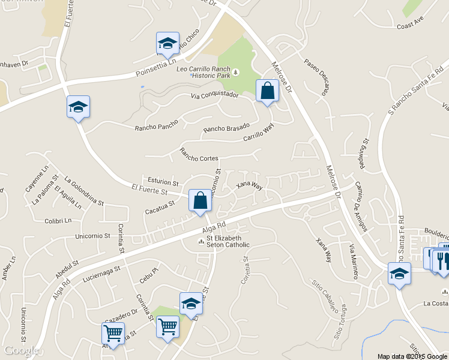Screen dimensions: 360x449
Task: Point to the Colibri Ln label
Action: pyautogui.click(x=58, y=220)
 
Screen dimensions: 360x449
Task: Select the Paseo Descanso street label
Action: pyautogui.click(x=317, y=77)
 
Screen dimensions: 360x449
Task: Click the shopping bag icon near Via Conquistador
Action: pyautogui.click(x=267, y=91)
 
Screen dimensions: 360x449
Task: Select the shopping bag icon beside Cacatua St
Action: pyautogui.click(x=200, y=201)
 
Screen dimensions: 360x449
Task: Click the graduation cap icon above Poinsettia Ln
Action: pyautogui.click(x=167, y=43)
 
